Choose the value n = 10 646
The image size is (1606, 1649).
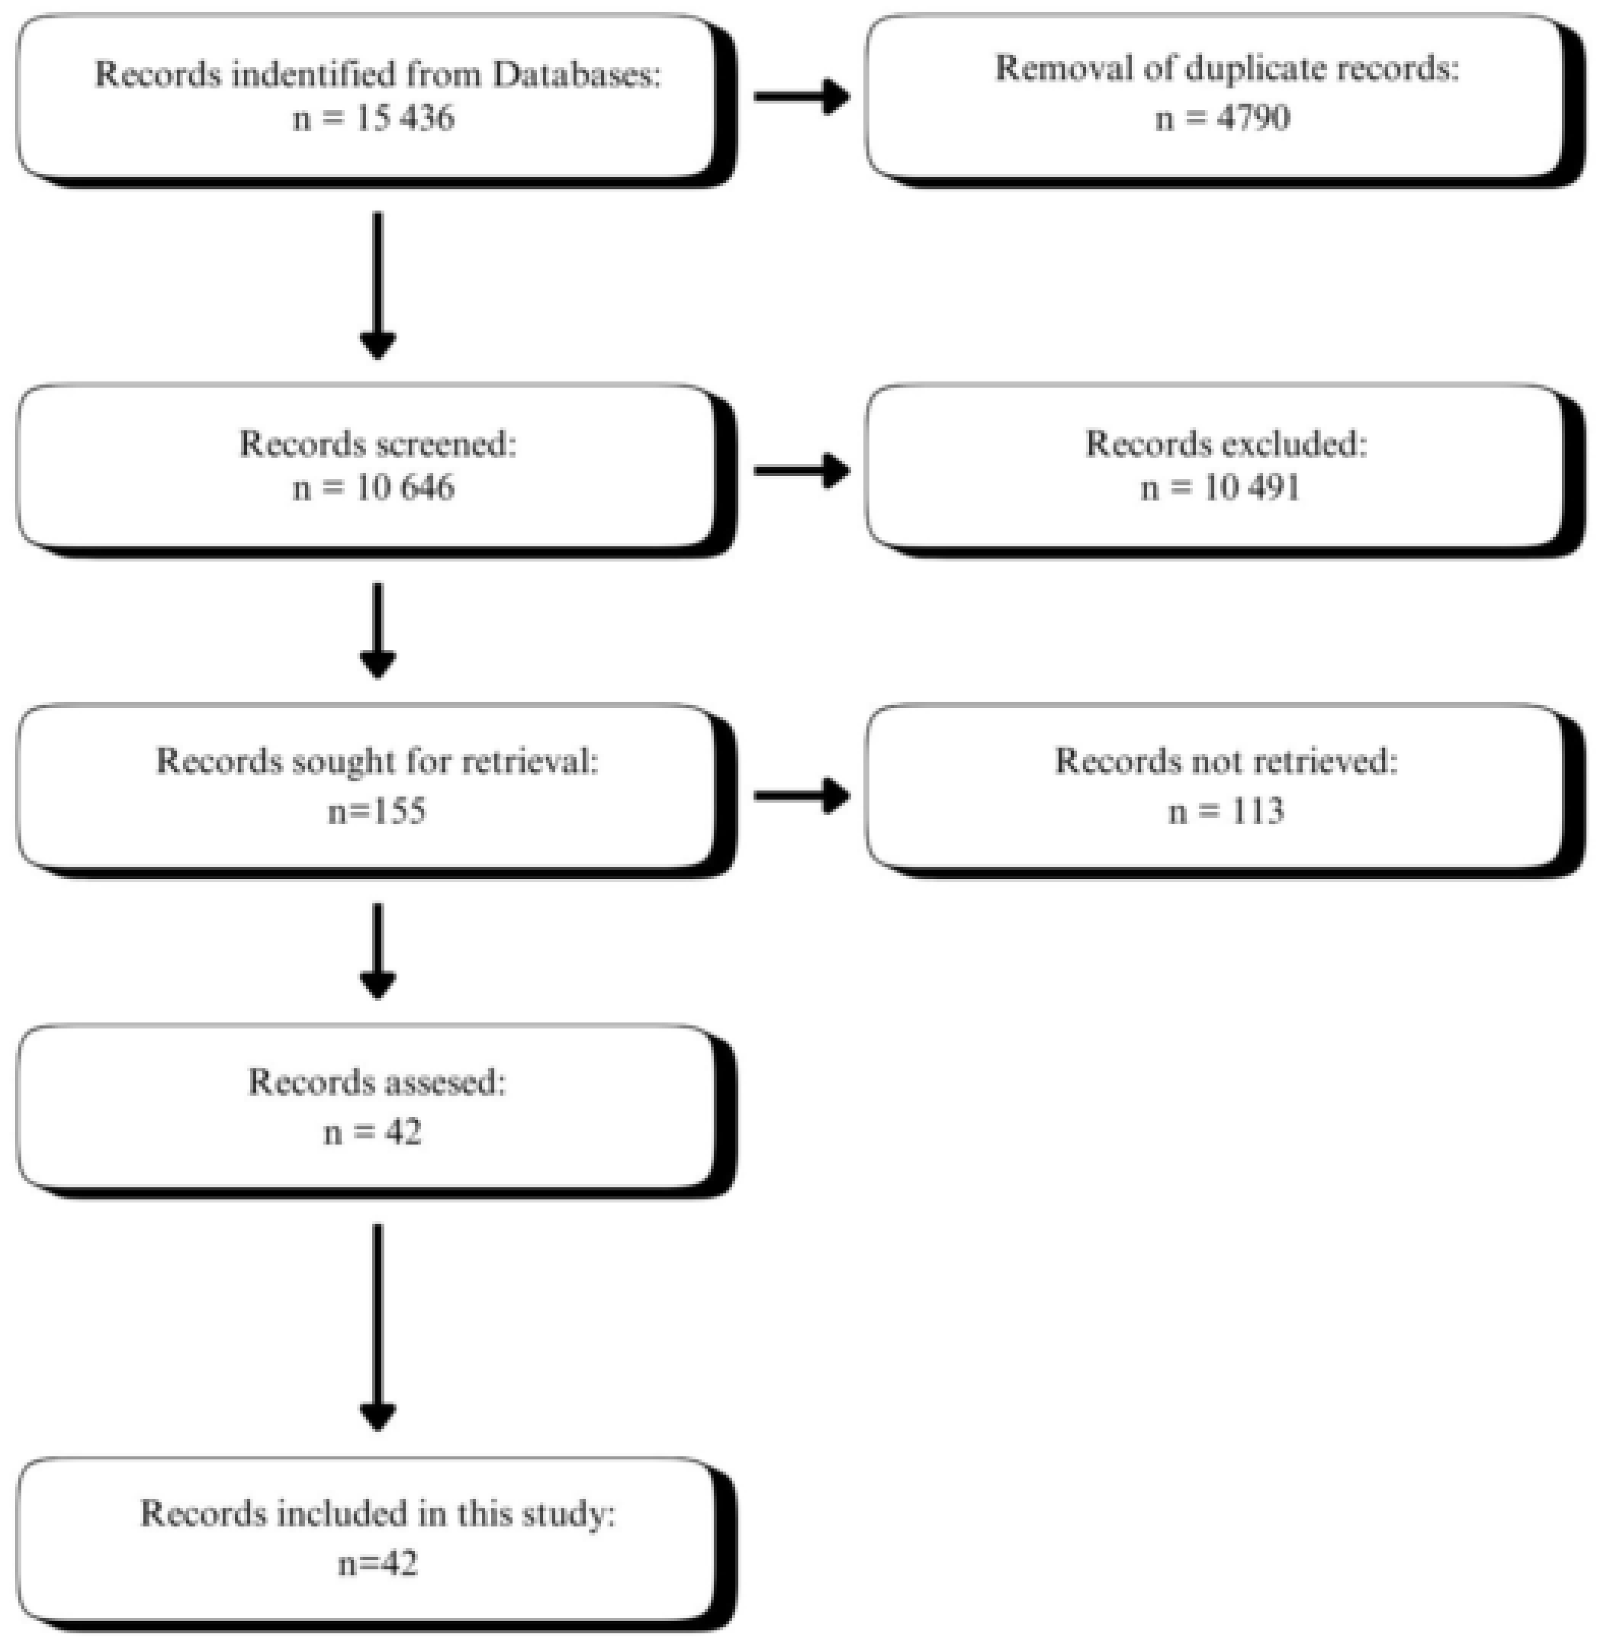373,488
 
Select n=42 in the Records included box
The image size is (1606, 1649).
377,1563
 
